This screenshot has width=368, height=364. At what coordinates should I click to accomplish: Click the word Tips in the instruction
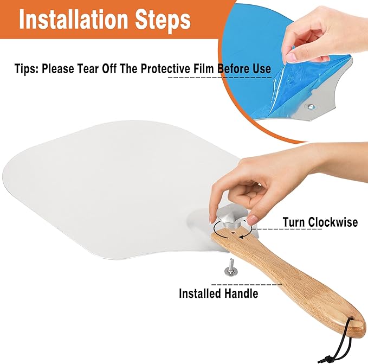coord(26,69)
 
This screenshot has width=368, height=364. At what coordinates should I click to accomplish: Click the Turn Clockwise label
coord(320,222)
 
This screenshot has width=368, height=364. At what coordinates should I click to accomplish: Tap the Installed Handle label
coord(218,293)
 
